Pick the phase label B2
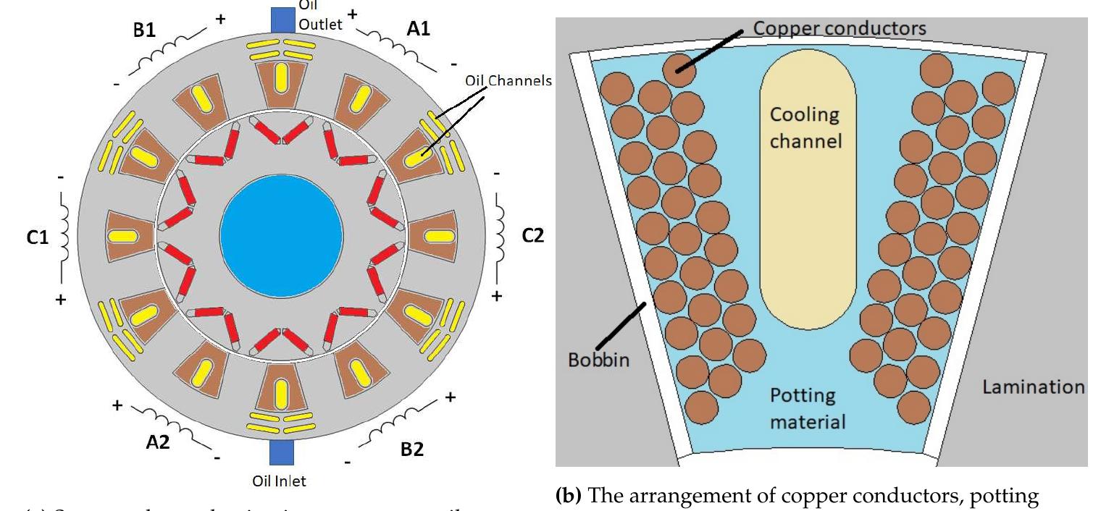click(x=411, y=449)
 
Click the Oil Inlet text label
click(x=279, y=480)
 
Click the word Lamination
click(x=1033, y=387)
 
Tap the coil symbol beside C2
click(x=499, y=235)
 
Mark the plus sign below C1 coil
click(x=61, y=300)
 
